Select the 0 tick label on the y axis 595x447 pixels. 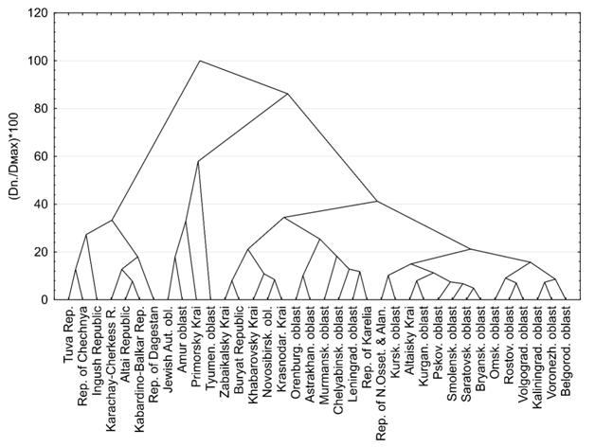(x=45, y=299)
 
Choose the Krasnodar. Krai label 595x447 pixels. (x=281, y=345)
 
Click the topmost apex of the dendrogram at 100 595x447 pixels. (x=200, y=61)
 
